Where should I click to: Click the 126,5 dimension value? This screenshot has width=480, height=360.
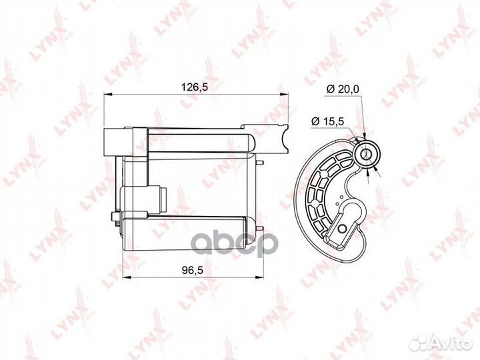coord(195,87)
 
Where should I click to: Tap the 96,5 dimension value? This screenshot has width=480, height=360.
coord(193,270)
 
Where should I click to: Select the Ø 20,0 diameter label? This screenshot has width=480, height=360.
coord(343,89)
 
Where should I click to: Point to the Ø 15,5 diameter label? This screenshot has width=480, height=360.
coord(327,121)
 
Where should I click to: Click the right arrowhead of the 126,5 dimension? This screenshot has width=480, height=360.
coord(285,95)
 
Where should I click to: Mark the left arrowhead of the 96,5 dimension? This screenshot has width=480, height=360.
coord(127,277)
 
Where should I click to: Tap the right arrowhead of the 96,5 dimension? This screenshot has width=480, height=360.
coord(259,277)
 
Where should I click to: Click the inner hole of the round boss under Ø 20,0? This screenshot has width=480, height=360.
coord(365,155)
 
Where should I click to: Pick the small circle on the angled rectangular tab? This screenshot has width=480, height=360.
coord(341,229)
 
